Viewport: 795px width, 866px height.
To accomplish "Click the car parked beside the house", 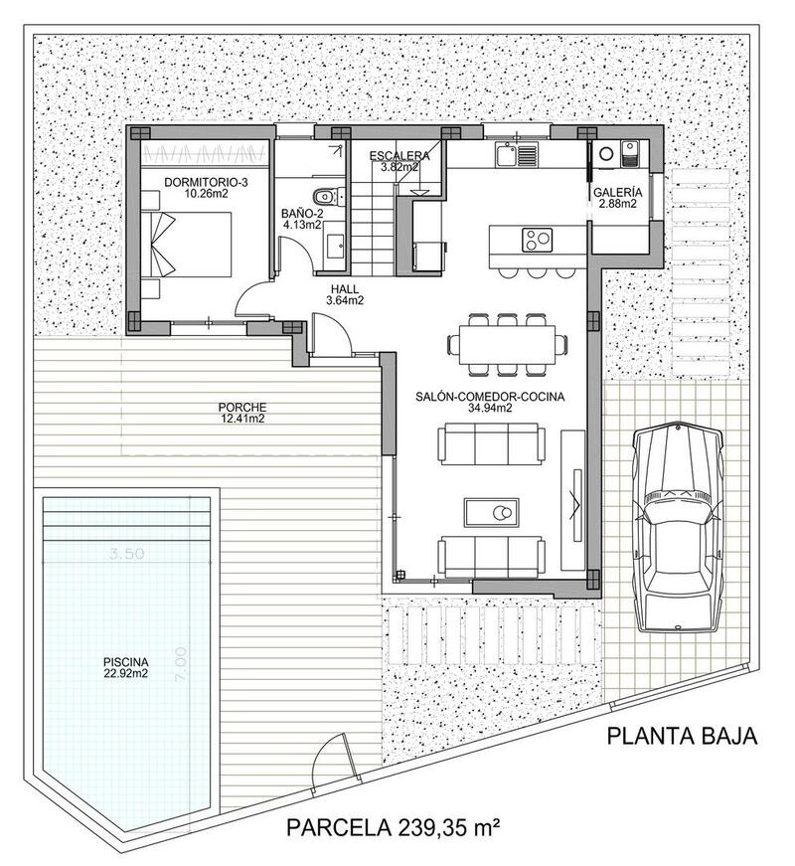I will coord(680,526).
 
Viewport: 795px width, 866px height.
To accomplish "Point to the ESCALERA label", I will coord(398,161).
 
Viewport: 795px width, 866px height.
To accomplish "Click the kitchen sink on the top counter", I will coord(516,154).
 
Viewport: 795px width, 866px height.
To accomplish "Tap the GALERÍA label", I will coord(617,198).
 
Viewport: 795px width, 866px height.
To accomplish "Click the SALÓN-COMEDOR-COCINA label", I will coord(490,401).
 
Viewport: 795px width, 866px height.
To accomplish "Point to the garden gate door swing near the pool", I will coord(332,762).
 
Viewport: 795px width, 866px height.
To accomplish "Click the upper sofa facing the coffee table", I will coord(492,443).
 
